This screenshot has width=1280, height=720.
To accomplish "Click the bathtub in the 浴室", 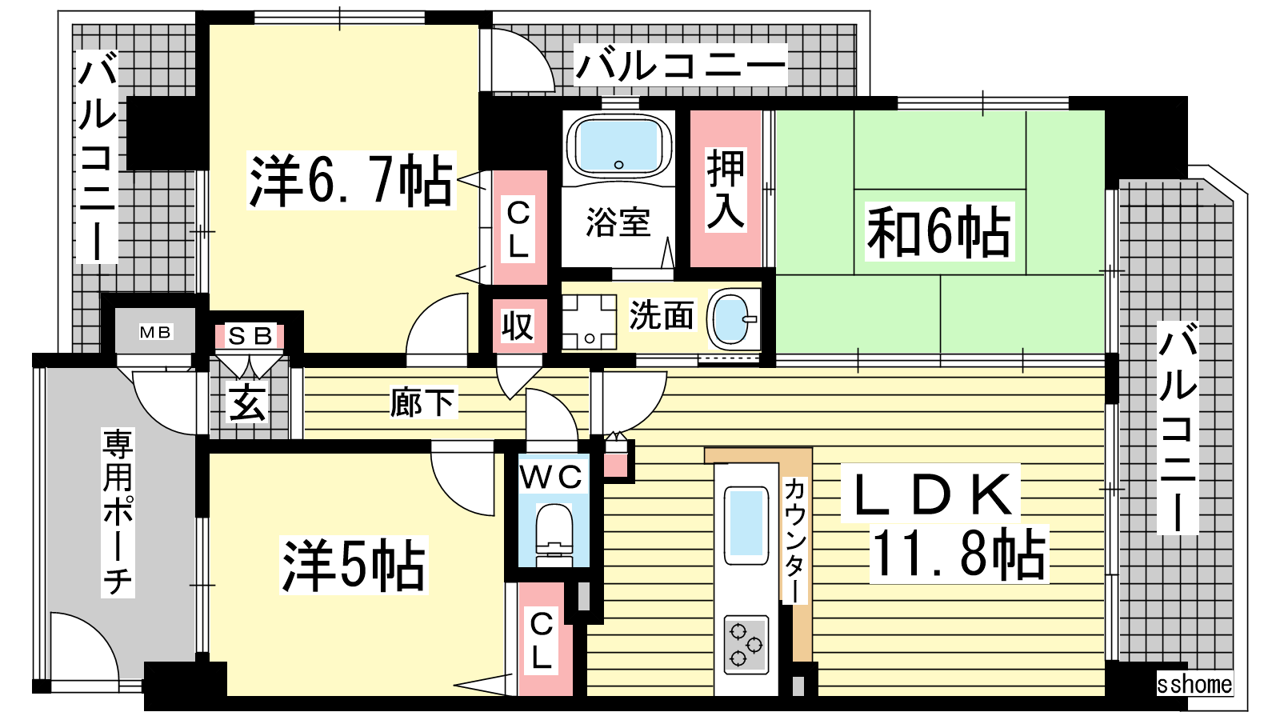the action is pyautogui.click(x=618, y=146).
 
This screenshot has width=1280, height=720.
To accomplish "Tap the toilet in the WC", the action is pyautogui.click(x=554, y=534).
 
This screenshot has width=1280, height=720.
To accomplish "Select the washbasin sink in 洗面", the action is pyautogui.click(x=733, y=319).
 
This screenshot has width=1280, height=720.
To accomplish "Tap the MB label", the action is pyautogui.click(x=155, y=332).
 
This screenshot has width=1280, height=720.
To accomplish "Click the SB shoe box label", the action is pyautogui.click(x=249, y=336).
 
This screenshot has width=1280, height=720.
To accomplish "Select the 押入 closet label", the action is pyautogui.click(x=726, y=189).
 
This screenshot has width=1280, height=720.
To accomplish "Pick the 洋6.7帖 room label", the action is pyautogui.click(x=351, y=181).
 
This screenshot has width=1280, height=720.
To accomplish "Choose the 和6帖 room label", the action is pyautogui.click(x=939, y=231).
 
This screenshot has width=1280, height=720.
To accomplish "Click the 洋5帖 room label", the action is pyautogui.click(x=353, y=565).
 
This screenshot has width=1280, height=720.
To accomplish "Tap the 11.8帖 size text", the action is pyautogui.click(x=959, y=553).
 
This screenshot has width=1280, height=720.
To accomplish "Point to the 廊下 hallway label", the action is pyautogui.click(x=423, y=402).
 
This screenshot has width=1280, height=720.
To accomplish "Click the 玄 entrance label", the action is pyautogui.click(x=247, y=402).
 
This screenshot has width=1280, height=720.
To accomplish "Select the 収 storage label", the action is pyautogui.click(x=517, y=326).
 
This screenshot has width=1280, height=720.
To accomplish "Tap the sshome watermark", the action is pyautogui.click(x=1194, y=684).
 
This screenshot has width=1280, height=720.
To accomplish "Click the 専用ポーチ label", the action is pyautogui.click(x=118, y=512).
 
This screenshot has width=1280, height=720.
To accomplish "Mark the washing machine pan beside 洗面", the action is pyautogui.click(x=589, y=322).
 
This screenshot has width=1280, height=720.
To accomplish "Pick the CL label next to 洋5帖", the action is pyautogui.click(x=541, y=641).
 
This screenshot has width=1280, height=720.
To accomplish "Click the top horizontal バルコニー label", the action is pyautogui.click(x=681, y=65).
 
